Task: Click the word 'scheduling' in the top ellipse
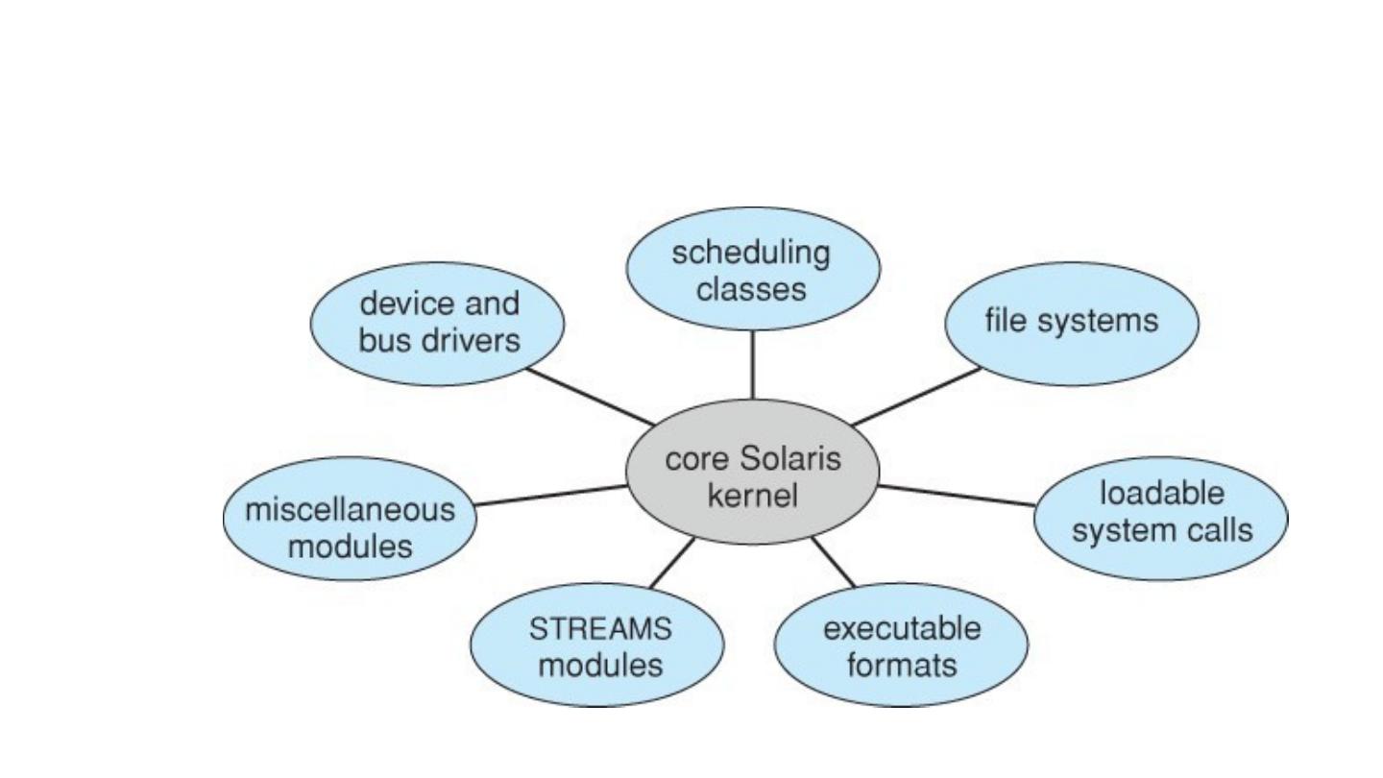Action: click(x=751, y=254)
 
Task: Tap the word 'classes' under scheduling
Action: click(x=751, y=289)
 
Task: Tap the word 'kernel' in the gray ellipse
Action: click(x=752, y=496)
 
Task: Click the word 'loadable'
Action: click(x=1162, y=494)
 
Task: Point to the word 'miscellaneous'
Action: click(x=350, y=509)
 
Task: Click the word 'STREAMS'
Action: click(x=601, y=629)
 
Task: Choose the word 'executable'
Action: click(x=902, y=629)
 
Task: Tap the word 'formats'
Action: click(x=902, y=665)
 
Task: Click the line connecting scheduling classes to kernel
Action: click(x=752, y=365)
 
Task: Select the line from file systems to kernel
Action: click(x=917, y=396)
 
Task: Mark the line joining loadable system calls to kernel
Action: click(x=958, y=496)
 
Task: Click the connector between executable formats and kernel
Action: click(x=832, y=562)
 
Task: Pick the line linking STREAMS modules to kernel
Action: click(x=672, y=563)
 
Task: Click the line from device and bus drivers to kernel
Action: click(x=588, y=396)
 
